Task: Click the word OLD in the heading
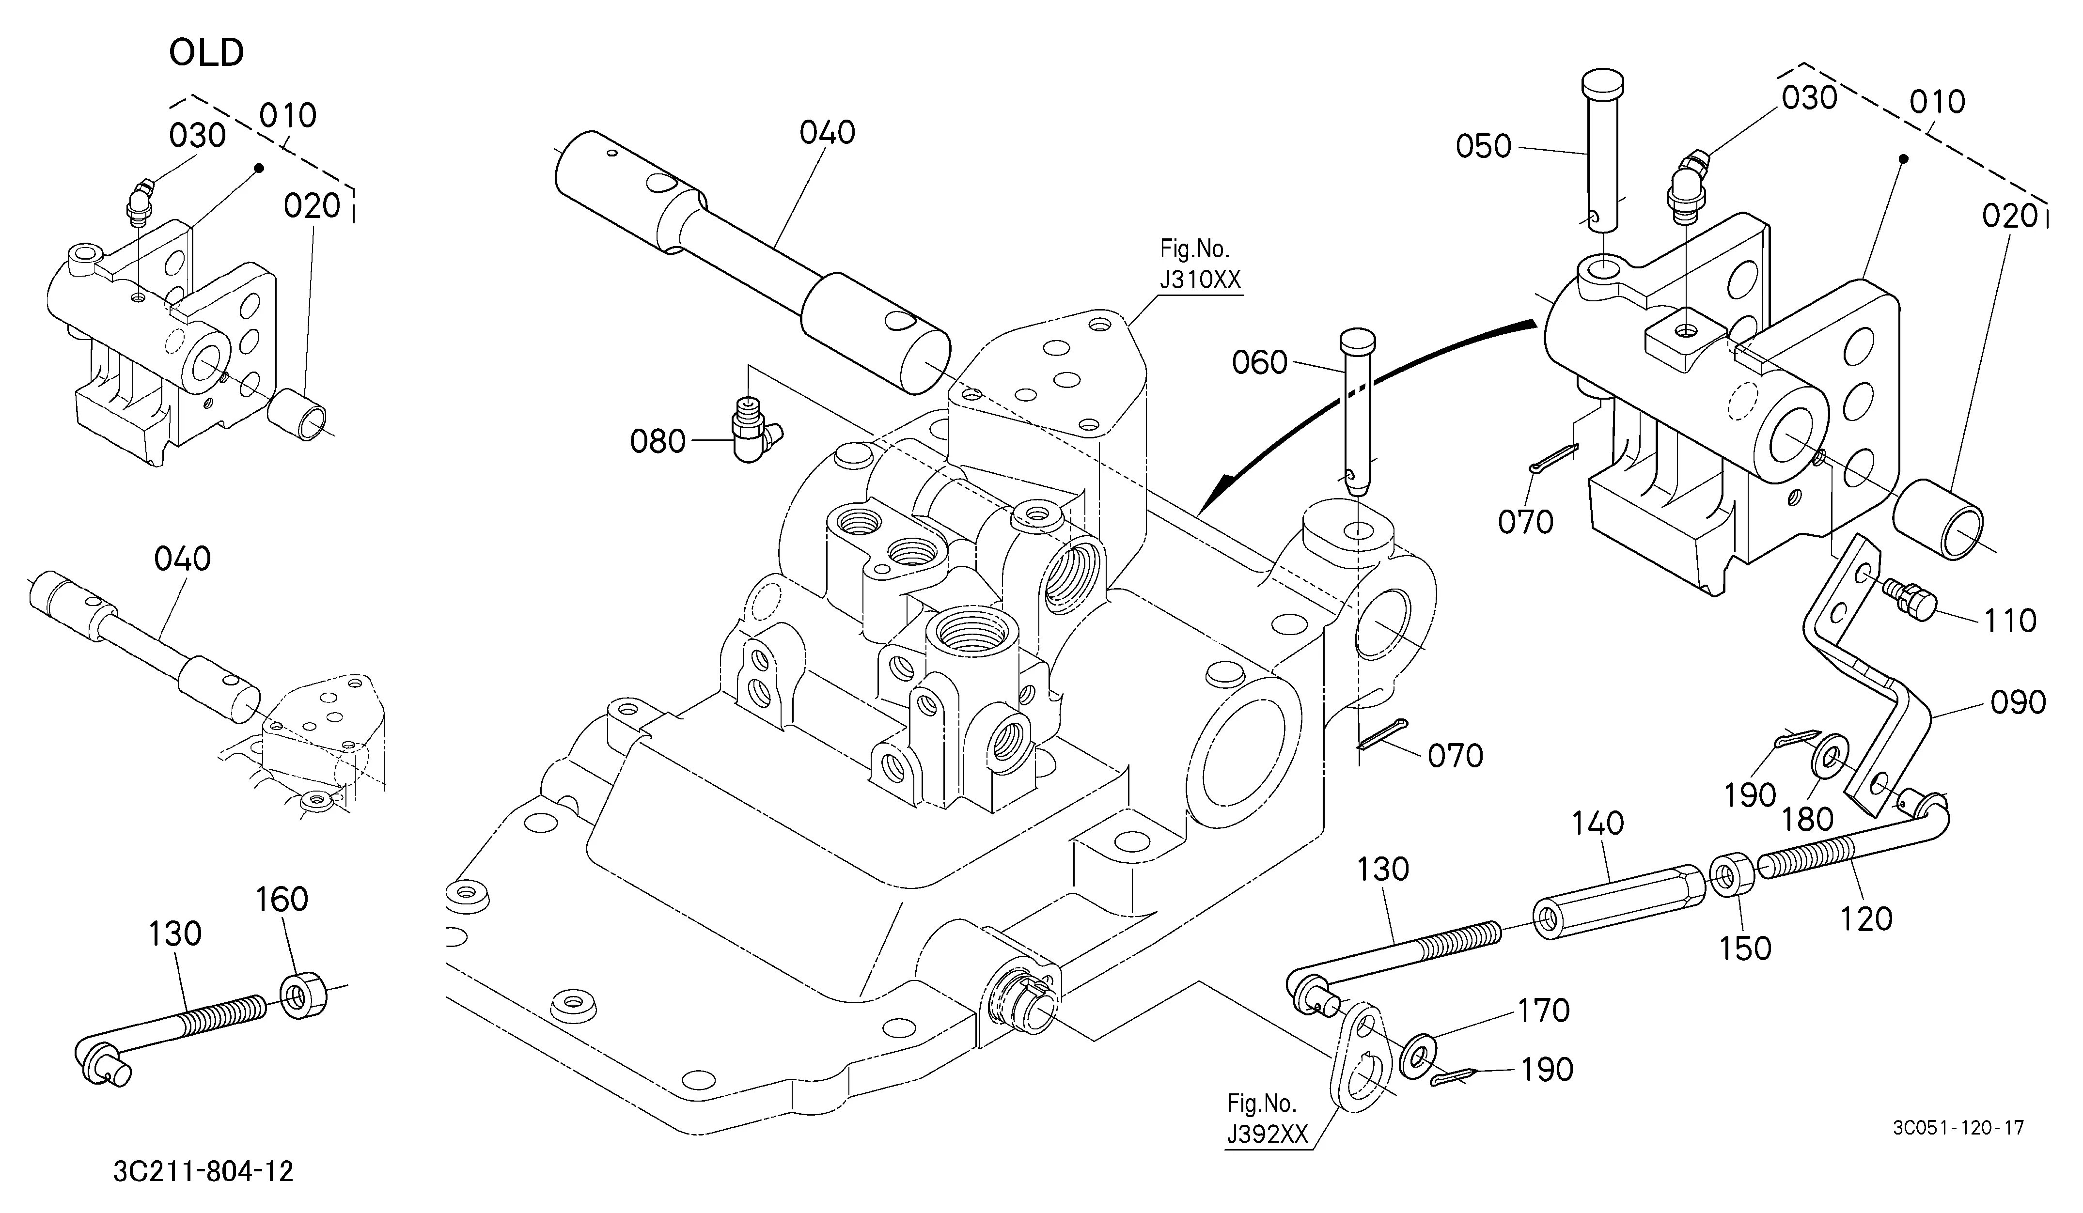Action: [x=206, y=53]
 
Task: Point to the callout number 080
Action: [x=658, y=441]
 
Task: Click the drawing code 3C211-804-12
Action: [x=204, y=1171]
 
